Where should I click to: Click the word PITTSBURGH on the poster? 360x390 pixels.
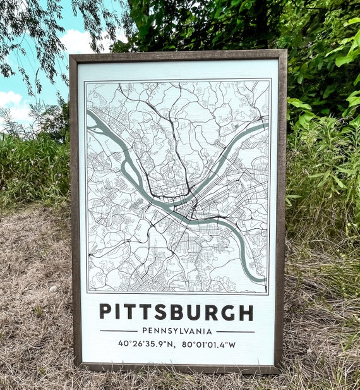[176, 312]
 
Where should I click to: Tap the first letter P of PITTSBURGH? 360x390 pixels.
[105, 312]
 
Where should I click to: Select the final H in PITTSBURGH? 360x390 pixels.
[246, 312]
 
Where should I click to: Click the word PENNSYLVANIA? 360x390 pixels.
[177, 331]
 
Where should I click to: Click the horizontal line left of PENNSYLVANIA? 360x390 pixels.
[119, 331]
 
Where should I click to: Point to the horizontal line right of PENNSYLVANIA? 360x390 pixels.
[235, 331]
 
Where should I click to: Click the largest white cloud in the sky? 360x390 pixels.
[79, 41]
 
